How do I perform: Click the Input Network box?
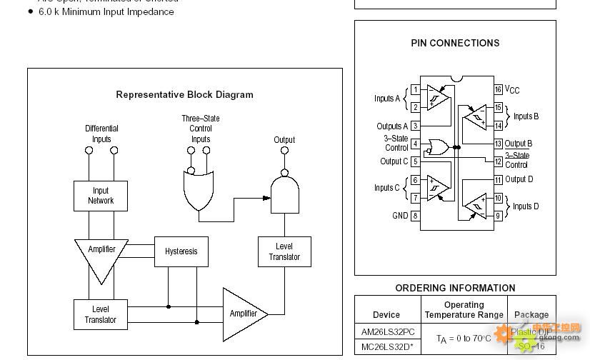101,196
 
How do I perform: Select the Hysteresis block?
181,251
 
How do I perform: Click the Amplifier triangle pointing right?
243,313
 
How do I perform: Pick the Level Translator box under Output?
284,252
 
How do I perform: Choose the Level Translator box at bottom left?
101,314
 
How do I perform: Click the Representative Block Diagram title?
184,94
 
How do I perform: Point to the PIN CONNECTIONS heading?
455,43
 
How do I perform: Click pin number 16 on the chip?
499,89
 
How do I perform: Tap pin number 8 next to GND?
415,216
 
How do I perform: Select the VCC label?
512,90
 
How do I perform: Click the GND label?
400,216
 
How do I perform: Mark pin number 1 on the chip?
415,90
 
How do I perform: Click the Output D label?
519,179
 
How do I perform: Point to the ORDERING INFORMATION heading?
455,289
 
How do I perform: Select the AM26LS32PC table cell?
388,332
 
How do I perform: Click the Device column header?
386,315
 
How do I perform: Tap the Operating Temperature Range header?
464,310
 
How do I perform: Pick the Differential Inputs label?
101,134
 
